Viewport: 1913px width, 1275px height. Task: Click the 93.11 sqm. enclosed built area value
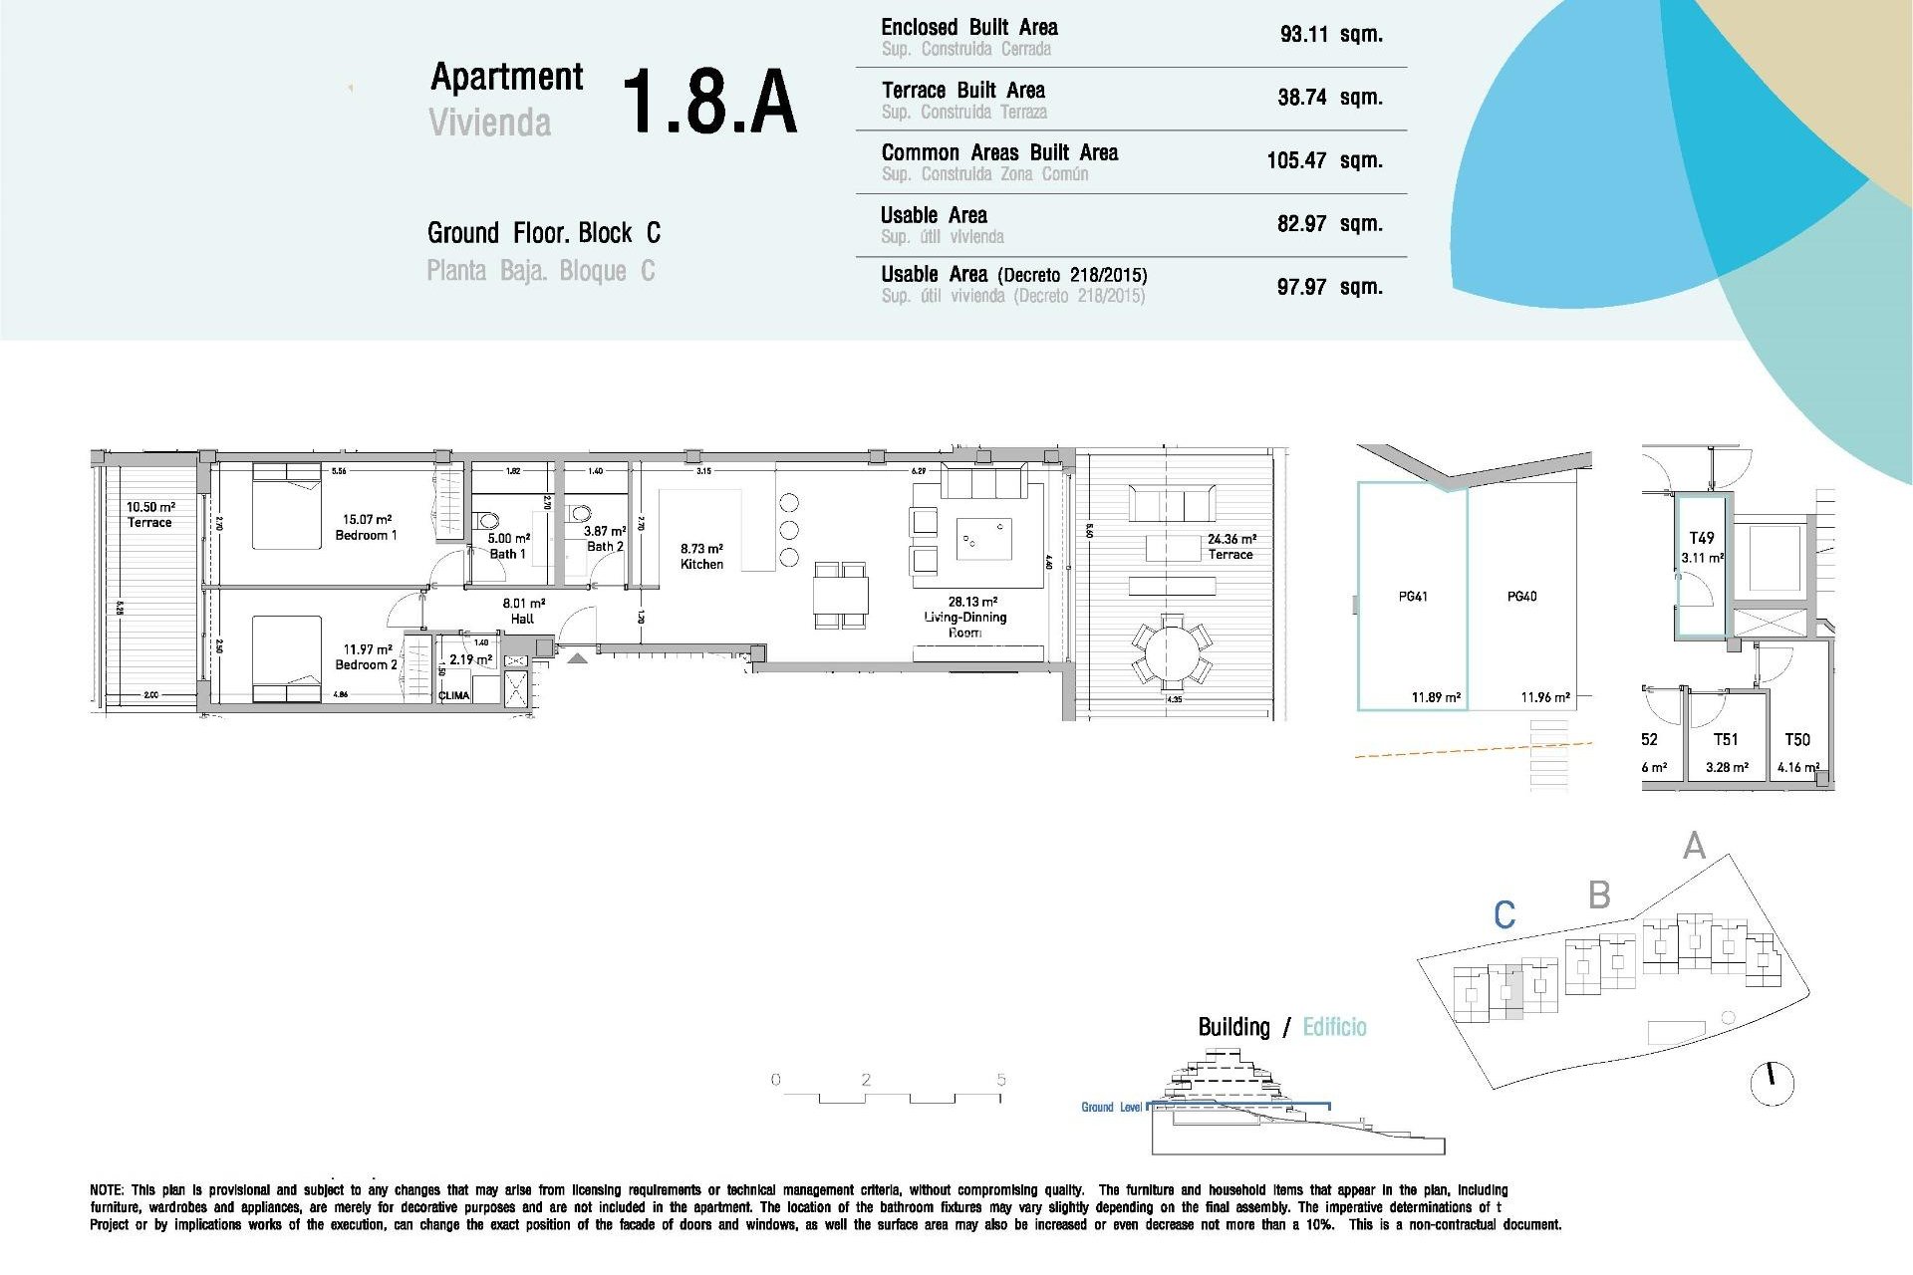pos(1330,35)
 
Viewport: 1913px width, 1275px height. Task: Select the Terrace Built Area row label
pos(962,91)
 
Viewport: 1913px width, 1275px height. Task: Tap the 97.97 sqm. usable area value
pos(1329,287)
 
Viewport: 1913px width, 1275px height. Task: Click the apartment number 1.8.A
pos(709,102)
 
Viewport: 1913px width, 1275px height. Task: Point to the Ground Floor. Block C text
pos(543,233)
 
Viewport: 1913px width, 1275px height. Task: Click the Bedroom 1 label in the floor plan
pos(366,528)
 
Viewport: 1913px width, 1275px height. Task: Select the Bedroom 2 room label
pos(366,657)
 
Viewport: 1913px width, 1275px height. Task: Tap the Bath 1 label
pos(507,546)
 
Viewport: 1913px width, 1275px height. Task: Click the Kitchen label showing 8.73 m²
pos(701,556)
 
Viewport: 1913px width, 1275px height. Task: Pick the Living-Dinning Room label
pos(964,617)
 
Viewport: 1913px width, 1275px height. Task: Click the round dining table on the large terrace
pos(1172,653)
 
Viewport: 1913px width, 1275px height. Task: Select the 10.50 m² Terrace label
pos(149,514)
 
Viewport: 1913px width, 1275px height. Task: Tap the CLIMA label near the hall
pos(453,695)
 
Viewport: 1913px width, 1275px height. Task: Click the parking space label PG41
pos(1412,597)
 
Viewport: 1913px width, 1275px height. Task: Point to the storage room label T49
pos(1702,538)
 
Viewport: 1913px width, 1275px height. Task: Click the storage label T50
pos(1796,740)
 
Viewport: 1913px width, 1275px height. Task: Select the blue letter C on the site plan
pos(1504,914)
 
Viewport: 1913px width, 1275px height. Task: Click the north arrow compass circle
pos(1772,1083)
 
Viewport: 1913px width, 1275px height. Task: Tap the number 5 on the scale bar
pos(1000,1080)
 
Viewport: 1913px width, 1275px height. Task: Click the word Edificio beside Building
pos(1334,1027)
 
